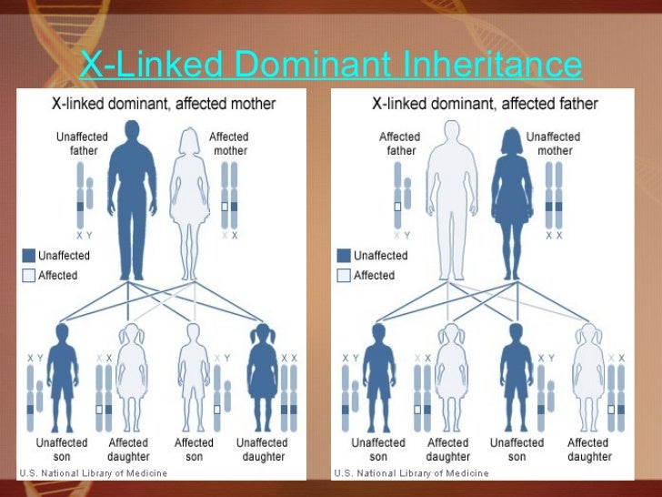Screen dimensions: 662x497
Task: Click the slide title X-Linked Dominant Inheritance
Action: coord(330,65)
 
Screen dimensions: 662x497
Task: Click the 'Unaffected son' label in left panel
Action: coord(62,449)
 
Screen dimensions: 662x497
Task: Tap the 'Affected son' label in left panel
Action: coord(194,449)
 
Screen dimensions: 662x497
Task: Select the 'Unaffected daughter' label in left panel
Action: coord(262,449)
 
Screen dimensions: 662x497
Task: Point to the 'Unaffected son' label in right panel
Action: coord(517,449)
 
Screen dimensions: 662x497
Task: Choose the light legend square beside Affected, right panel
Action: coord(343,275)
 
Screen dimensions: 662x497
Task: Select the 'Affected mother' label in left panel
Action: coord(228,144)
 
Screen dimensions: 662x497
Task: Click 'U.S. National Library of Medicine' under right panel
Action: coord(411,473)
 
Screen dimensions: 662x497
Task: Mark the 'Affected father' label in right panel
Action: coord(399,144)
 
